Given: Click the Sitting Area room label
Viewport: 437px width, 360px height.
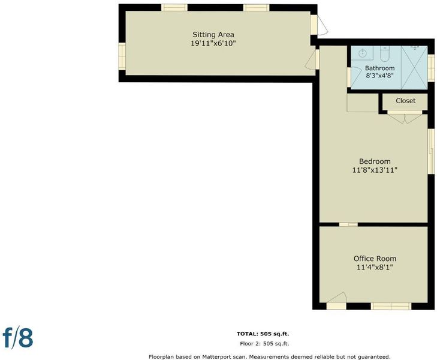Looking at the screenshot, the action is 213,35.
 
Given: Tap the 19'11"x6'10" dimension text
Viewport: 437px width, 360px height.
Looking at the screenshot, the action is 213,44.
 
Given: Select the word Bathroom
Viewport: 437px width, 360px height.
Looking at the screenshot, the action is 379,68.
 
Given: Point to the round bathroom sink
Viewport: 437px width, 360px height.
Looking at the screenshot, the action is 363,53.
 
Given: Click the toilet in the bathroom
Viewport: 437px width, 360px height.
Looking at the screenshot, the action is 385,54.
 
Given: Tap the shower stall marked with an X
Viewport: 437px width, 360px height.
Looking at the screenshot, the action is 414,67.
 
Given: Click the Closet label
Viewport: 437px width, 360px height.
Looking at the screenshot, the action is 405,101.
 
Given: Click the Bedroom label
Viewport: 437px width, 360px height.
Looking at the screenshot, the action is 375,161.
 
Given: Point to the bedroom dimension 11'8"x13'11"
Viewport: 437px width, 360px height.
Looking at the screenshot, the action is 375,170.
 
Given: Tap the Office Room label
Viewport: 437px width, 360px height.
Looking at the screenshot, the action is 375,259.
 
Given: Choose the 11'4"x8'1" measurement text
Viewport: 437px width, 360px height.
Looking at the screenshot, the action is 375,268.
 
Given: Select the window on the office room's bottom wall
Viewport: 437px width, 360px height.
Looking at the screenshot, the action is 391,306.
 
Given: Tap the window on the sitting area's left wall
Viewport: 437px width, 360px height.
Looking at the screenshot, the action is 122,56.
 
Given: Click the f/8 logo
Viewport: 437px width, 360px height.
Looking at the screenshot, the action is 18,337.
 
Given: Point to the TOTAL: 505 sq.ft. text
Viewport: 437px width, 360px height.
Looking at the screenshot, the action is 263,334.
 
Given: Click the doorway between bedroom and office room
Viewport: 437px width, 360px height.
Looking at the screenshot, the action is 348,224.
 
